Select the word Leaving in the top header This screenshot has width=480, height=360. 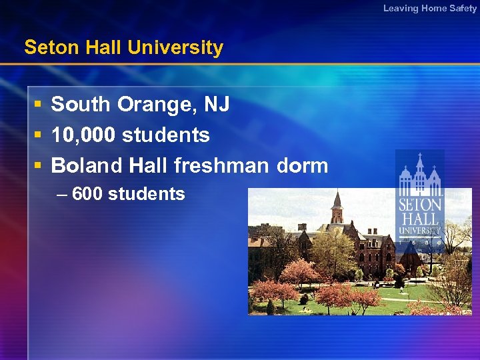401,8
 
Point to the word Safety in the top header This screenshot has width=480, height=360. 463,8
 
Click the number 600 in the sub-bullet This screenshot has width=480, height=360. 87,194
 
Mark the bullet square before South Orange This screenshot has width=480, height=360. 39,105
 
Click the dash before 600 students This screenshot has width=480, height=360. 62,194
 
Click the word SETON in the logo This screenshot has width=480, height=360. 420,205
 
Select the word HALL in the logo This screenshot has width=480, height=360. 420,218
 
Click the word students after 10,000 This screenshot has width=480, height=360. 166,135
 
